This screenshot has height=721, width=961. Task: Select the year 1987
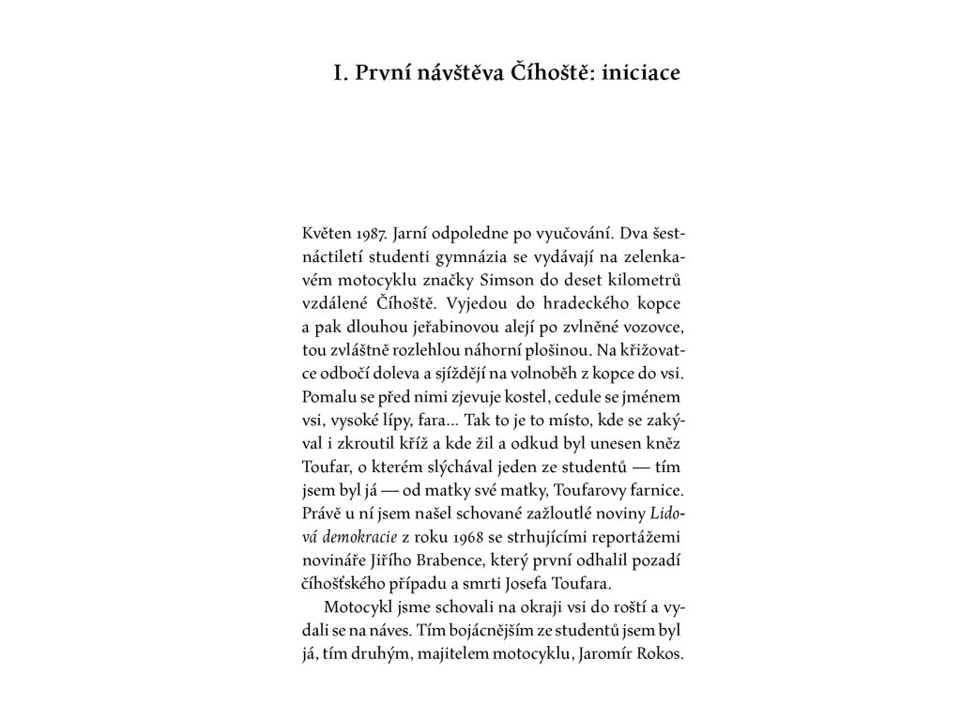click(x=374, y=231)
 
